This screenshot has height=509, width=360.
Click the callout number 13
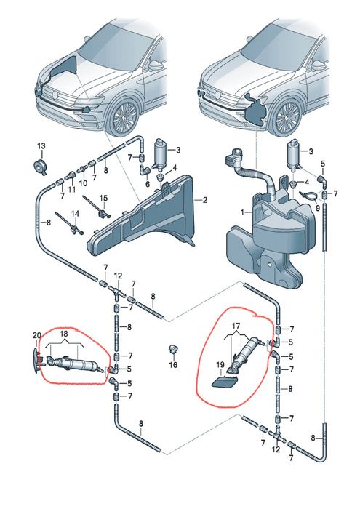[41, 146]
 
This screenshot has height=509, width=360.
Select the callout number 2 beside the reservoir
[204, 200]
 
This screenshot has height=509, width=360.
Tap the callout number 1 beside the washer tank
[242, 212]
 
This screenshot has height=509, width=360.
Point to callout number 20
[36, 335]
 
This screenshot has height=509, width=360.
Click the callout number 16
[173, 365]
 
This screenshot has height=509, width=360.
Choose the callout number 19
[220, 365]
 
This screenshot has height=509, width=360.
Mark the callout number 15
[103, 198]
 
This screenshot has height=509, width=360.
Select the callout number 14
[75, 214]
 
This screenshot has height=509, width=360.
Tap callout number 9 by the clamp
[318, 206]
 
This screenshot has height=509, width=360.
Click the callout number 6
[148, 184]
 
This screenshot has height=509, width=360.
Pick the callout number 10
[83, 183]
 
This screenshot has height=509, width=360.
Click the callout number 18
[64, 334]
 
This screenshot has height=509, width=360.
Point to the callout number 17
[236, 325]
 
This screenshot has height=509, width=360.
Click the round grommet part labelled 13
[41, 167]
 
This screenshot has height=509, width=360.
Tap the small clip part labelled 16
[172, 350]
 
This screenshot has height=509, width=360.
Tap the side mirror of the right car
[318, 66]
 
